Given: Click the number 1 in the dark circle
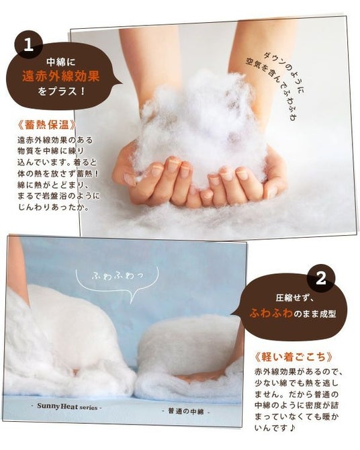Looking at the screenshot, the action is [28, 45].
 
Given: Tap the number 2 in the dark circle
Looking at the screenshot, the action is [320, 278].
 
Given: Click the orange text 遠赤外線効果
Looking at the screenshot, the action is [61, 76].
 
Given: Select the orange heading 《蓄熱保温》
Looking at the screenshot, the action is [47, 124].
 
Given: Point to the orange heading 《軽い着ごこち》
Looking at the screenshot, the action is [294, 357].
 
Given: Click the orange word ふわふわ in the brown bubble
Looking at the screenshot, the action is [271, 313].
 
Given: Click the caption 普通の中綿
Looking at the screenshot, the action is [187, 411].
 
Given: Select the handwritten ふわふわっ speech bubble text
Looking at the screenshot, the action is [118, 276].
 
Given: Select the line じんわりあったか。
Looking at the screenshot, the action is [53, 208].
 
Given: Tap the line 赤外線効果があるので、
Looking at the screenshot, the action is [299, 371].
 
